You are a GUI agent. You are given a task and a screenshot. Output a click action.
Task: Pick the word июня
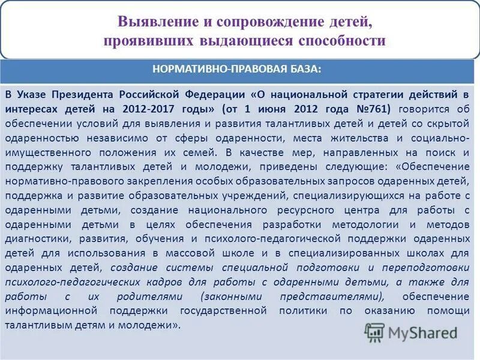tap(274, 109)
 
